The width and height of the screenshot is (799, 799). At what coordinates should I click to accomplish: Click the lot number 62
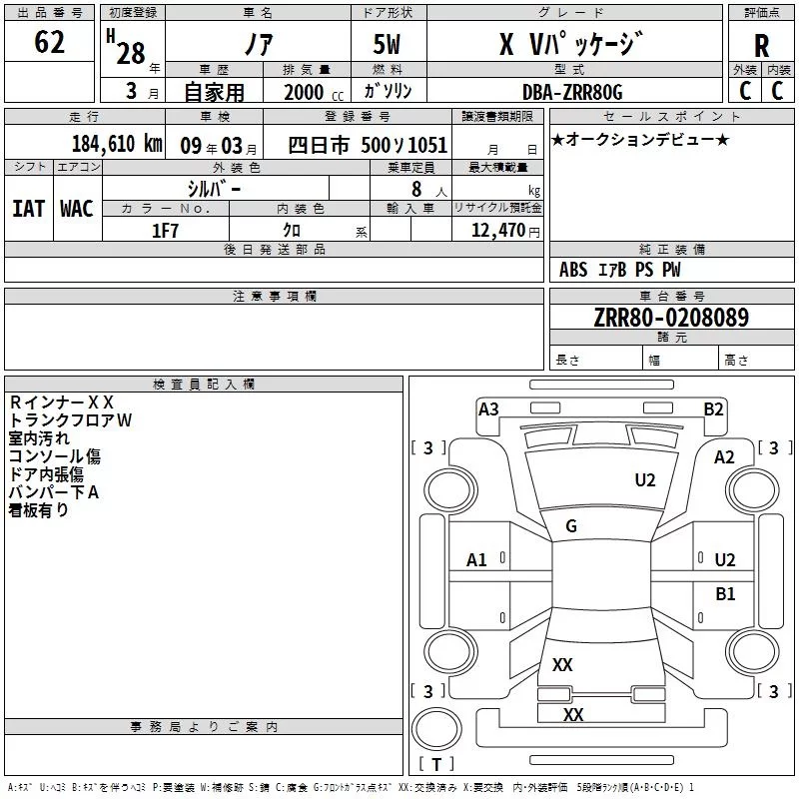[49, 42]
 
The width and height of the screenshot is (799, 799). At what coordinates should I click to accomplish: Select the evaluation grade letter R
[761, 45]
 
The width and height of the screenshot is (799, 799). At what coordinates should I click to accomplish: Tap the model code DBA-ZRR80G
[572, 92]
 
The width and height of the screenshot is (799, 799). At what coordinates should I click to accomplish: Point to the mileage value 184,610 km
[117, 143]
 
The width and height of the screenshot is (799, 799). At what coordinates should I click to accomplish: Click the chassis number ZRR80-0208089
[656, 318]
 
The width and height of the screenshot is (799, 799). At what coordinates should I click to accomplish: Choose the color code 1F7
[165, 231]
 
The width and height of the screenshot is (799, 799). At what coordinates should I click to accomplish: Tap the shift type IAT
[28, 208]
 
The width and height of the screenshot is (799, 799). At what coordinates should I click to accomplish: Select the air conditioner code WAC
[76, 208]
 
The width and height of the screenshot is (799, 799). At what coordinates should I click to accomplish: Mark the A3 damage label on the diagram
[488, 408]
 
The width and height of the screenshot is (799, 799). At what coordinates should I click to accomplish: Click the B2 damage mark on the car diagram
[713, 408]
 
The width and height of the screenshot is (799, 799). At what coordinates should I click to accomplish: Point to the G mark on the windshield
[571, 526]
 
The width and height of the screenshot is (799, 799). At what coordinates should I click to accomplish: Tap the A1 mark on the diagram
[476, 560]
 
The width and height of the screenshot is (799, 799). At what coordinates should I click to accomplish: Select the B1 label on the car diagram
[725, 594]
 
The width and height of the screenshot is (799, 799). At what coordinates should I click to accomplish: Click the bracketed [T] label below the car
[436, 765]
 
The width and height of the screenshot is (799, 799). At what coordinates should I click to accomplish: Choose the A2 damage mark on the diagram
[724, 456]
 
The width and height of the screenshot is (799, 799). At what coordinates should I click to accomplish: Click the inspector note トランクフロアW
[70, 420]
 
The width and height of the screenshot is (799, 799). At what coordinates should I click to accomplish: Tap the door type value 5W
[388, 45]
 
